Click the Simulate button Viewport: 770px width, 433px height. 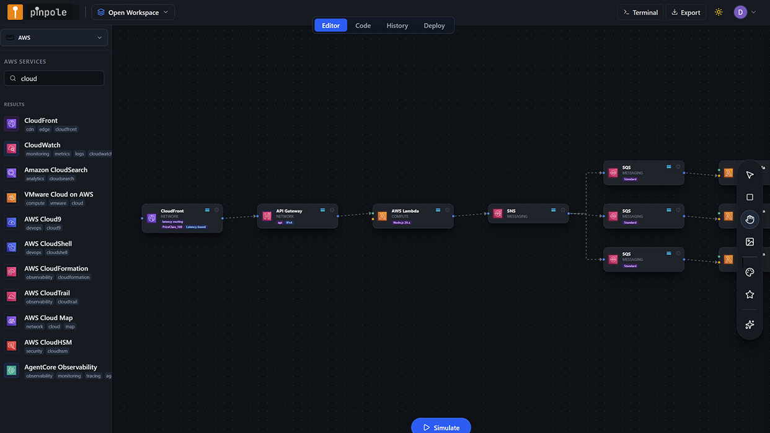pos(441,427)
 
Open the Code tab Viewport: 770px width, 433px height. pos(363,25)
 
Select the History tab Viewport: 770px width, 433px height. pos(397,25)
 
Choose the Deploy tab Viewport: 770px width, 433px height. pos(434,25)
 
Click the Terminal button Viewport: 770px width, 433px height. pos(640,12)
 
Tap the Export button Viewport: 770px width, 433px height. pos(686,12)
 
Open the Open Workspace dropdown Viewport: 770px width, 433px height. pos(133,12)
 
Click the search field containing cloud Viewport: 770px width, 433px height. pos(55,78)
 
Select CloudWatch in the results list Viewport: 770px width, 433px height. pos(42,145)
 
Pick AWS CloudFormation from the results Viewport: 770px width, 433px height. pos(56,269)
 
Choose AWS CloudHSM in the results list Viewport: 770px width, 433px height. pos(48,342)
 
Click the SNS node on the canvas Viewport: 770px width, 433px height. pos(528,213)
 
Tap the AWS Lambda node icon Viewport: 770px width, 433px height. pos(383,216)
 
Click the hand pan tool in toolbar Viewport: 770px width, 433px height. pos(750,219)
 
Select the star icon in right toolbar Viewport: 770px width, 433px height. pos(750,295)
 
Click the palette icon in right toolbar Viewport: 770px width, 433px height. pos(750,272)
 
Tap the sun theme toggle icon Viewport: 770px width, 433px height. pos(719,12)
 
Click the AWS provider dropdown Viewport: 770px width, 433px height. pos(54,37)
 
